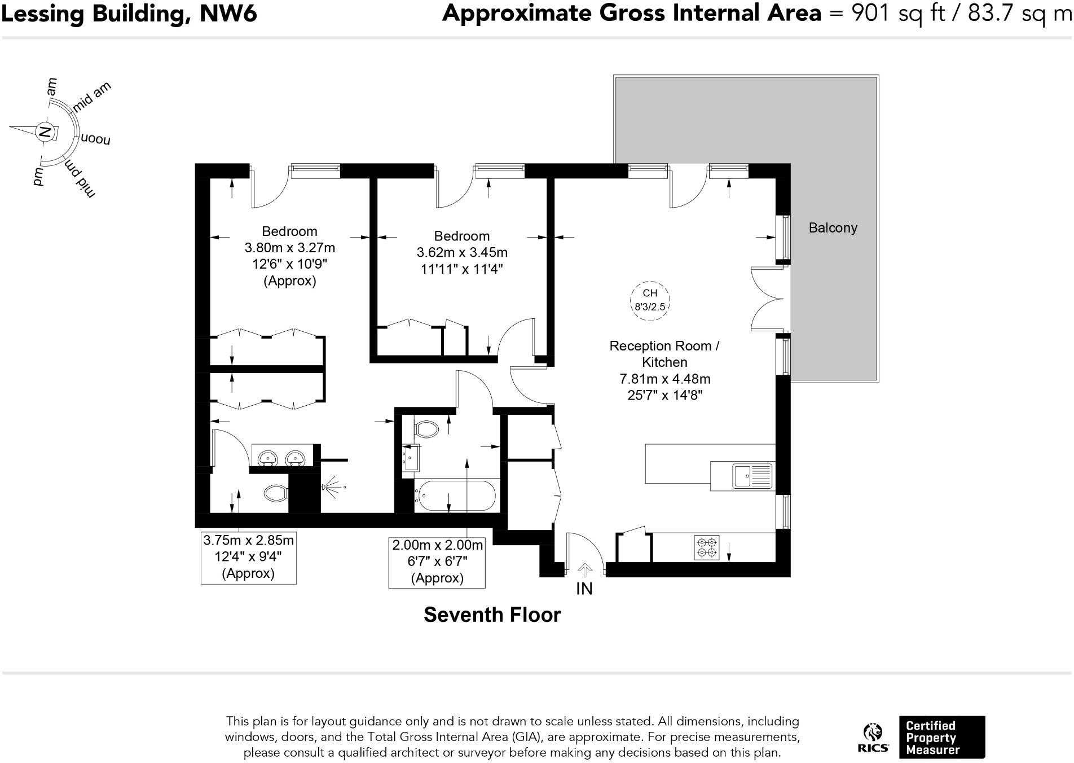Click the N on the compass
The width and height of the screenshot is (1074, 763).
pyautogui.click(x=45, y=133)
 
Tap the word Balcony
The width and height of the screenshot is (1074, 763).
pyautogui.click(x=833, y=228)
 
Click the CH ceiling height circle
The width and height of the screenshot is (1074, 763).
pyautogui.click(x=650, y=301)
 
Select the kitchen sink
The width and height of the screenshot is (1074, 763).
pyautogui.click(x=752, y=475)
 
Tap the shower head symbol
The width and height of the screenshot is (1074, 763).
pyautogui.click(x=332, y=486)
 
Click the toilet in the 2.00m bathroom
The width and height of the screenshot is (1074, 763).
pyautogui.click(x=426, y=429)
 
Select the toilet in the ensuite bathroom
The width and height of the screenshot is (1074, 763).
pyautogui.click(x=276, y=494)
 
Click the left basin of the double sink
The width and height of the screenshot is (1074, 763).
pyautogui.click(x=267, y=457)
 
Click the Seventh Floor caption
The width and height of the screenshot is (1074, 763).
pyautogui.click(x=492, y=615)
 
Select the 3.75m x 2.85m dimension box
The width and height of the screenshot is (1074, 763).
pyautogui.click(x=249, y=557)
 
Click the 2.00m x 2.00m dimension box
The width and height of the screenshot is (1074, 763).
pyautogui.click(x=437, y=562)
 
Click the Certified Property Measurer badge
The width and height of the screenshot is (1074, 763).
pyautogui.click(x=941, y=738)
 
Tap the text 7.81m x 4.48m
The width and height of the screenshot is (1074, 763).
pyautogui.click(x=664, y=379)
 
